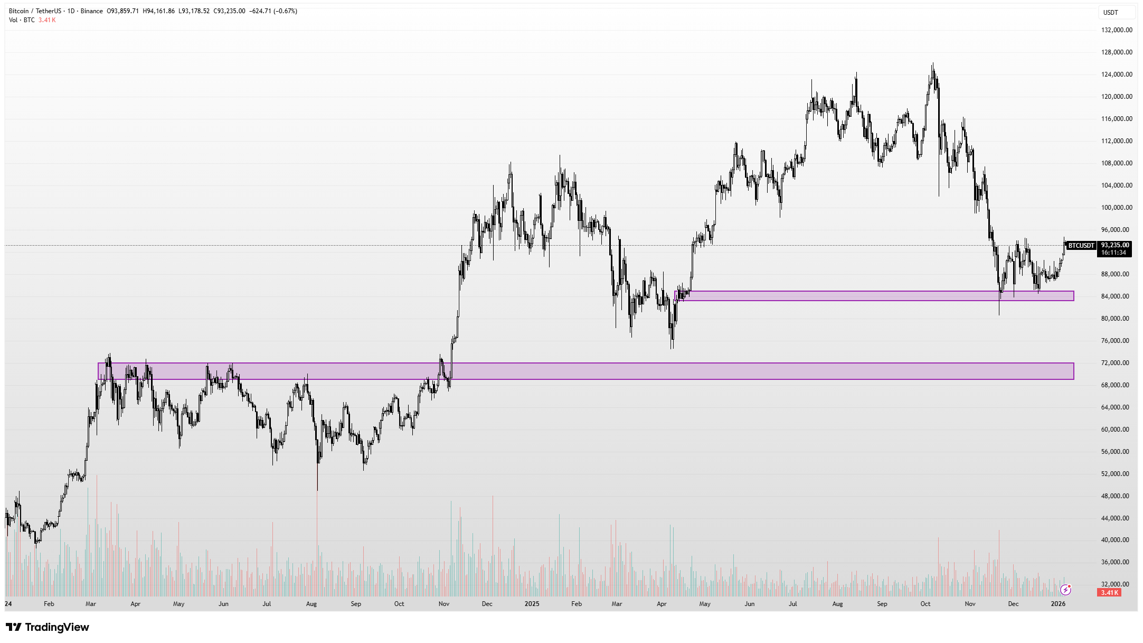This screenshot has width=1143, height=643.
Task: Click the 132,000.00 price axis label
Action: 1116,30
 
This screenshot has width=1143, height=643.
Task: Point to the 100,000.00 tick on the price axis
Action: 1116,208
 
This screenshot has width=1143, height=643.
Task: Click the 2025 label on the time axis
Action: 532,603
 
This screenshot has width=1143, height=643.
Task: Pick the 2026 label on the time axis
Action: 1058,603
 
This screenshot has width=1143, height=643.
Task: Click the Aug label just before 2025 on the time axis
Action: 311,603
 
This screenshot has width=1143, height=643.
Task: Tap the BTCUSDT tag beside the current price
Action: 1081,246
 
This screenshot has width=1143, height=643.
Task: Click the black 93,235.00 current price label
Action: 1115,245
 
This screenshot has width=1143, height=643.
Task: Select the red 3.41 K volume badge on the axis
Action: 1109,593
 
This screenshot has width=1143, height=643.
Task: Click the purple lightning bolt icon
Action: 1065,590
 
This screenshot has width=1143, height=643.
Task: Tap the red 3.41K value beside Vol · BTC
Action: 47,20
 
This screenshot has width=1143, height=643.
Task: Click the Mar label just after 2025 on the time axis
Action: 616,603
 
